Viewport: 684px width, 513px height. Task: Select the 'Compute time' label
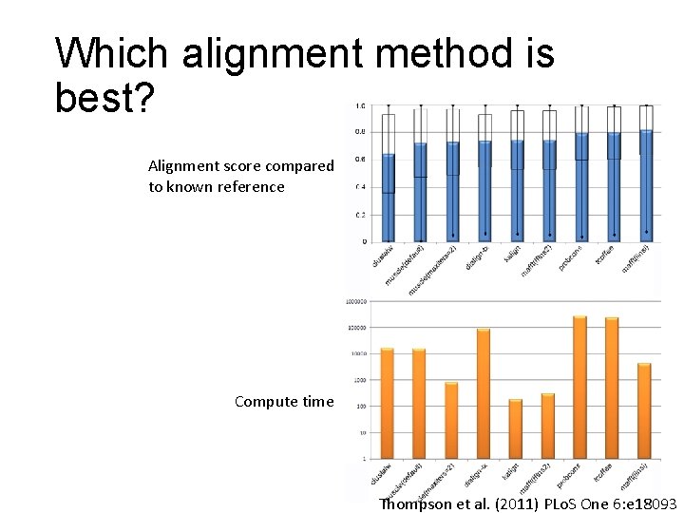tap(284, 401)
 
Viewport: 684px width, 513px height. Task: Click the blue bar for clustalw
tap(388, 198)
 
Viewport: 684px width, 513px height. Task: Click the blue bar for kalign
tap(517, 191)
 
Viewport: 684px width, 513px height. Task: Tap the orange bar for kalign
tap(516, 428)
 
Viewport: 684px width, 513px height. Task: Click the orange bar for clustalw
tap(387, 403)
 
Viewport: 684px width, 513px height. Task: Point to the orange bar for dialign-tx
tap(484, 393)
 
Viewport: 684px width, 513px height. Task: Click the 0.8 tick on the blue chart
tap(358, 132)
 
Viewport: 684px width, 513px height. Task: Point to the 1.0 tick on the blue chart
tap(358, 105)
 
